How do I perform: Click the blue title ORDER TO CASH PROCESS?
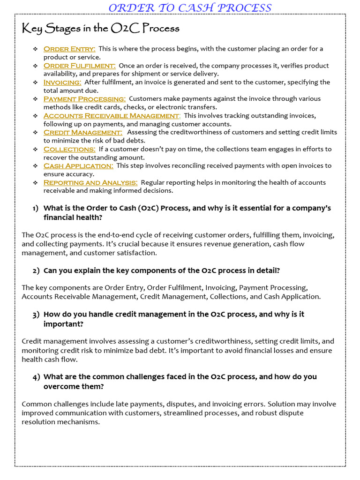click(190, 7)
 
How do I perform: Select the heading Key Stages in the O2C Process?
click(101, 29)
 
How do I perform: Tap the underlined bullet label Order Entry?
click(69, 49)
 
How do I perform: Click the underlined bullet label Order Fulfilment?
click(79, 66)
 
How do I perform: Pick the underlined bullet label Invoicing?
click(62, 82)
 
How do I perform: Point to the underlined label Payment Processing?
click(84, 99)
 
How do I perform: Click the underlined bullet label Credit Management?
click(83, 132)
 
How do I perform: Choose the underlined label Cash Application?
click(78, 166)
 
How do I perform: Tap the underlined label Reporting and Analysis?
click(90, 182)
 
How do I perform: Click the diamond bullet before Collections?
click(35, 150)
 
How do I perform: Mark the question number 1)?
click(36, 208)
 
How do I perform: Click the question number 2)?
click(36, 271)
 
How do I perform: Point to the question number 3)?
click(36, 315)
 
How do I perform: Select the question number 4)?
click(36, 377)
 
